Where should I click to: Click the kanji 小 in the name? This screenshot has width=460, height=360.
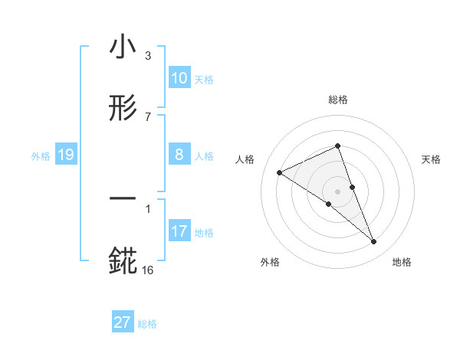(123, 48)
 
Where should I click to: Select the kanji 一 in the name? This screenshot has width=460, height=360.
(123, 198)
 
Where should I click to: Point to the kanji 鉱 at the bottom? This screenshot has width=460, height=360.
(123, 260)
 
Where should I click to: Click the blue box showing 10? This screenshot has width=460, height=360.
(179, 78)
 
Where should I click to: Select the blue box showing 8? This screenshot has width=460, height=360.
(179, 155)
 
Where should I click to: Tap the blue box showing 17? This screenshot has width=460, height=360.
(179, 231)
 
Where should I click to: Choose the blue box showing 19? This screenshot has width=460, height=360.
(65, 155)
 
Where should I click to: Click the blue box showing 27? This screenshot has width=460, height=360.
(122, 322)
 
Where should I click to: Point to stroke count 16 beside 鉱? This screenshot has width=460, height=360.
(148, 270)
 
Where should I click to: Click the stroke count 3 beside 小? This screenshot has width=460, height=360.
(148, 56)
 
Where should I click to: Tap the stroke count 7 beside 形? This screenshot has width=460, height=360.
(148, 116)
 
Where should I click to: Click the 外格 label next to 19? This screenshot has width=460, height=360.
(41, 156)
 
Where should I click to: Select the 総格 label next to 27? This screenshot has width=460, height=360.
(147, 324)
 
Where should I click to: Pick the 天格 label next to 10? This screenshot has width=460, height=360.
(204, 80)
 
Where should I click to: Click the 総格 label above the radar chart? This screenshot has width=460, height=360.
(337, 100)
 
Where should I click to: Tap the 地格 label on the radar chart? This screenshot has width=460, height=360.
(402, 262)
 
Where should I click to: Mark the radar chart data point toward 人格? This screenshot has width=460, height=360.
(280, 172)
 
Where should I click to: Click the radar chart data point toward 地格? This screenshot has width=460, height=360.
(374, 242)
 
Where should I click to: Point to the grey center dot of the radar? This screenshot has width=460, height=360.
(337, 191)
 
